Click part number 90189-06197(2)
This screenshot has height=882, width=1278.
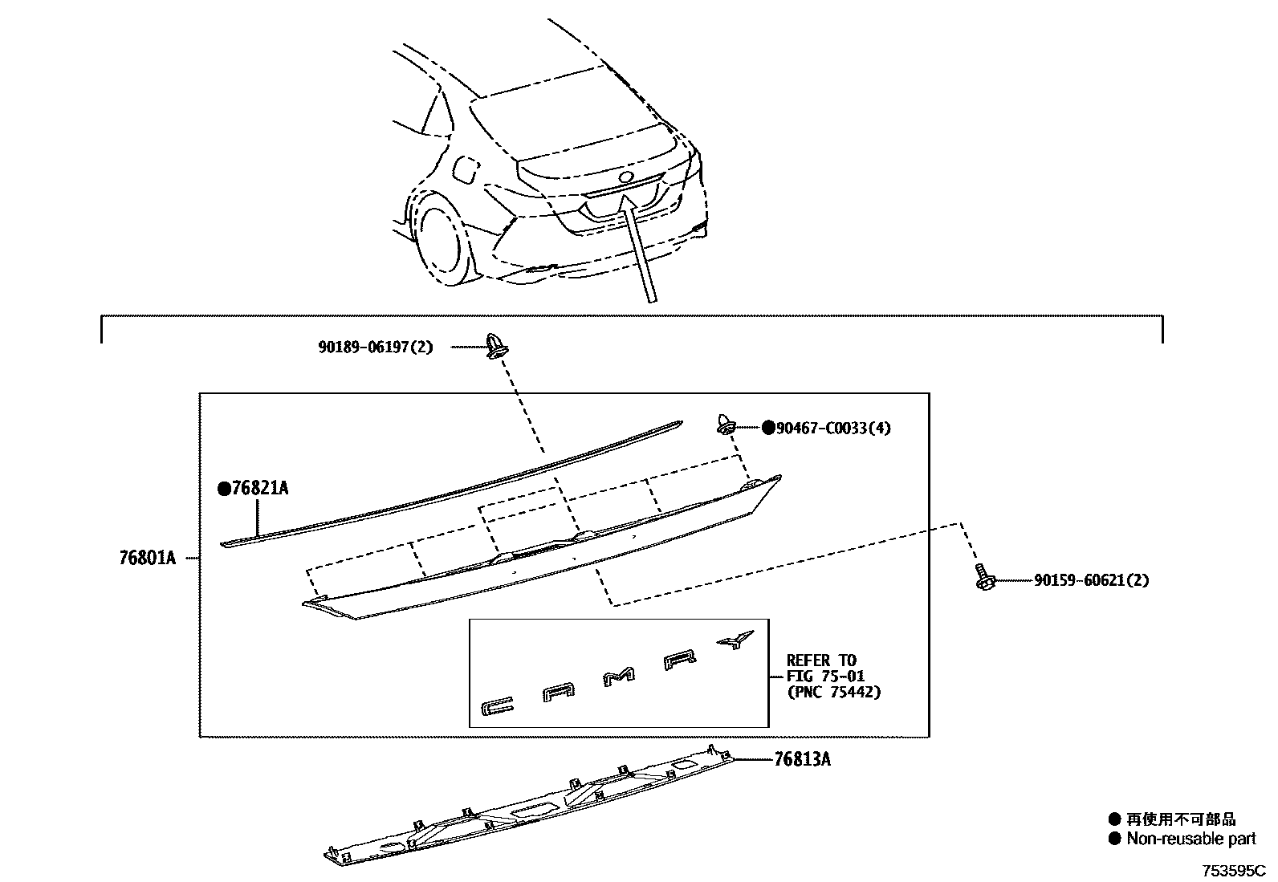click(x=375, y=348)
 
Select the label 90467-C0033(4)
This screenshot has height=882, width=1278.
click(x=833, y=429)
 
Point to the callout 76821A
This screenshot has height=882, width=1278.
click(x=259, y=489)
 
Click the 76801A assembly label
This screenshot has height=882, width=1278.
click(x=147, y=558)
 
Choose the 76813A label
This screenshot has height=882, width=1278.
click(x=802, y=759)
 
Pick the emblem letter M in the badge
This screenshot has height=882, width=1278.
click(x=618, y=679)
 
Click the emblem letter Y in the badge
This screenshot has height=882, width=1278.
click(x=736, y=639)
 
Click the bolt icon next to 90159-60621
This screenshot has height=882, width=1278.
click(x=983, y=578)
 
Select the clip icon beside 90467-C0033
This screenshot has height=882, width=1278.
click(x=725, y=425)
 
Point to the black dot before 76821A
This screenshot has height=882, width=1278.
click(x=224, y=489)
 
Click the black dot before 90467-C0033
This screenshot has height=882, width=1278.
click(x=768, y=429)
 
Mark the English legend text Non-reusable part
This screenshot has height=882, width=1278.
click(x=1191, y=839)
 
